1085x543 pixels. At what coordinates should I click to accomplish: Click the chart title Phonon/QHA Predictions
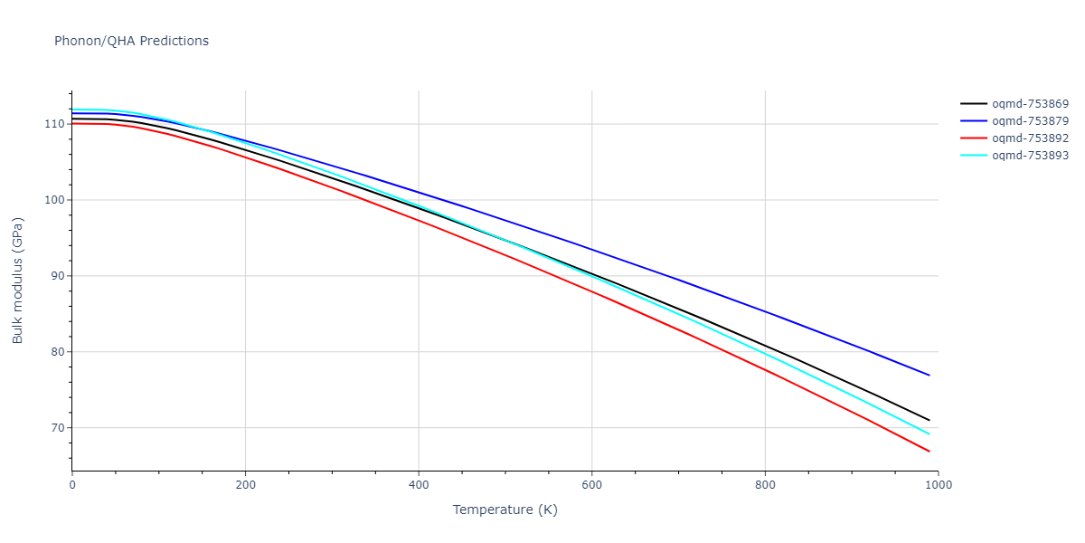(x=131, y=41)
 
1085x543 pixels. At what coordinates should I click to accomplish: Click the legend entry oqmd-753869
(x=1030, y=104)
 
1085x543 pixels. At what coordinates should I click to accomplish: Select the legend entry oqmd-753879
(x=1030, y=121)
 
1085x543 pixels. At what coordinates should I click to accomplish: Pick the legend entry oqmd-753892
(x=1030, y=138)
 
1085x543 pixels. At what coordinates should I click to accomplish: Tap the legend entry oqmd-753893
(x=1030, y=156)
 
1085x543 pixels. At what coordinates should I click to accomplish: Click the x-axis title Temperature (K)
(x=505, y=510)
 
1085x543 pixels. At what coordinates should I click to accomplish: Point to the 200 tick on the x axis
(x=245, y=485)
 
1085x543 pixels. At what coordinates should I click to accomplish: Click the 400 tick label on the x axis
(x=419, y=485)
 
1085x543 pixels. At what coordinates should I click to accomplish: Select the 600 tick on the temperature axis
(x=591, y=485)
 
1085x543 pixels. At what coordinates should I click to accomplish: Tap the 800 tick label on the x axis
(x=765, y=485)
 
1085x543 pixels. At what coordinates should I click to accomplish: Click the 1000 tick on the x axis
(x=938, y=485)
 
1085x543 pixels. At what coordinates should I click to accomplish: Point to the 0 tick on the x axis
(x=72, y=485)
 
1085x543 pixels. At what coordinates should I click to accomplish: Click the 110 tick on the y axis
(x=53, y=124)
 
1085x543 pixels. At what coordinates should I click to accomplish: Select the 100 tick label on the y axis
(x=53, y=200)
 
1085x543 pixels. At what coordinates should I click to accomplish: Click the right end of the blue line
(x=929, y=376)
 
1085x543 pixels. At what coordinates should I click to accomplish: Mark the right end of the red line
(x=929, y=452)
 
